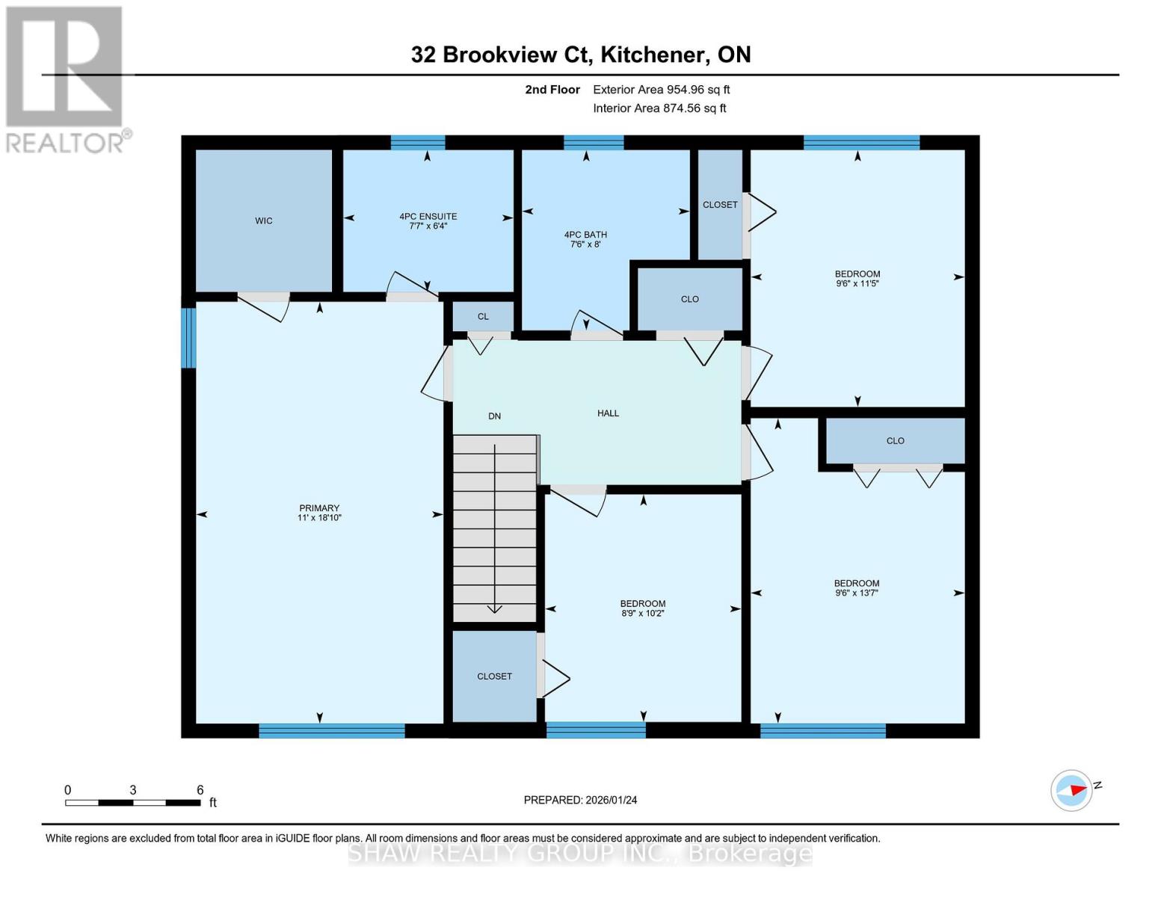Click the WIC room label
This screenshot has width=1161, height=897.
coord(263,221)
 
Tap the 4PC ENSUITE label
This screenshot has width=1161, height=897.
coord(428,217)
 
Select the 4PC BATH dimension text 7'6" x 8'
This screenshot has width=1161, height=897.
coord(585,244)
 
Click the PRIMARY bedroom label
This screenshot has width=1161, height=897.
coord(319,508)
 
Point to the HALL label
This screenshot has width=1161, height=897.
coord(608,413)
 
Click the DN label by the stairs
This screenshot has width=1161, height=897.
coord(494,416)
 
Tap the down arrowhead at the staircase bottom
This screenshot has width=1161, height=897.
coord(494,609)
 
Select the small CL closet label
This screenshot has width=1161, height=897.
coord(483,317)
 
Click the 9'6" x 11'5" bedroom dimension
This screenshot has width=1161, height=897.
coord(857,284)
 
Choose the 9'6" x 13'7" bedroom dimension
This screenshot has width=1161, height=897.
coord(857,594)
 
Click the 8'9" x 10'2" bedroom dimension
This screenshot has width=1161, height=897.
coord(642,614)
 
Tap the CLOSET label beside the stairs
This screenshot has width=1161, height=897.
coord(494,676)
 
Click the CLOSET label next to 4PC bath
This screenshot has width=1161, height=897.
coord(720,205)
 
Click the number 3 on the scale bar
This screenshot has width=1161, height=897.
coord(132,790)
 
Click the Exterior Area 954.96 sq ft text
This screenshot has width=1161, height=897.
coord(661,90)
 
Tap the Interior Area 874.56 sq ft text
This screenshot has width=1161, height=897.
coord(659,108)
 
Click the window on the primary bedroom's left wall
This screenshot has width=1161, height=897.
coord(188,338)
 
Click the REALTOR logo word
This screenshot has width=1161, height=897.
coord(66,143)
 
